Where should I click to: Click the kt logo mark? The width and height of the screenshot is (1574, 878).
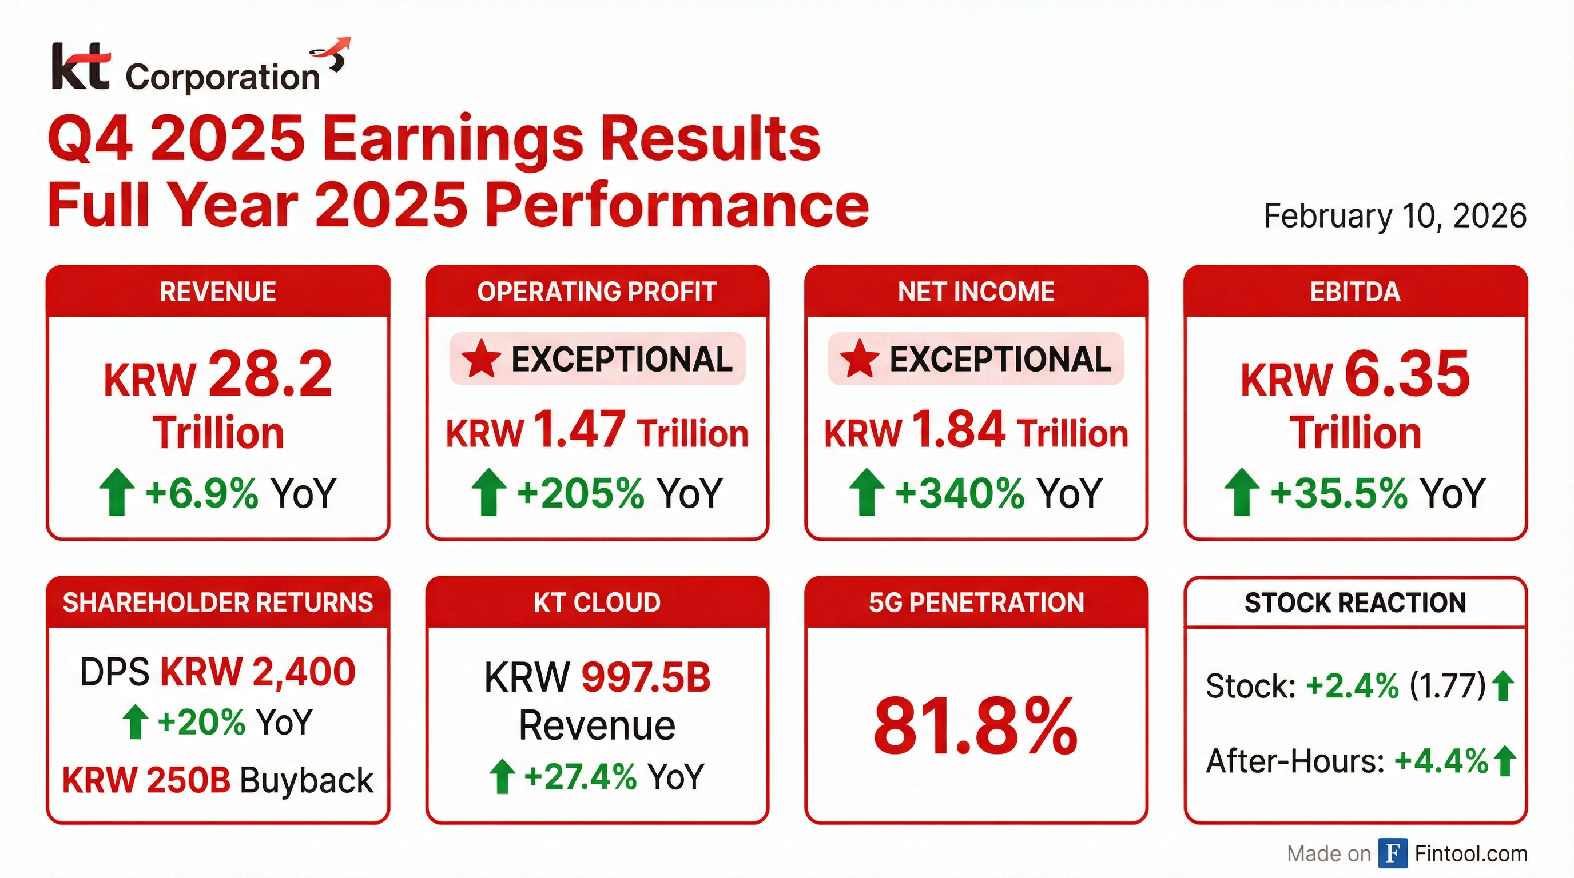click(81, 66)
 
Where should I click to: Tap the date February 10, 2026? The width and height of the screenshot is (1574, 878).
click(1395, 216)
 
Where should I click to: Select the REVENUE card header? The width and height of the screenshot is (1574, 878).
click(218, 292)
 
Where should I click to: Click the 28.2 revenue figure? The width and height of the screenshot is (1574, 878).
click(271, 373)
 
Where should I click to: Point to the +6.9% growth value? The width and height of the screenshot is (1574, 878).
click(202, 493)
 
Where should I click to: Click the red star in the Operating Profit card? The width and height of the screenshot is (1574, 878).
click(481, 358)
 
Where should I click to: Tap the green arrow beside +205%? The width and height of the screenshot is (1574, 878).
click(489, 492)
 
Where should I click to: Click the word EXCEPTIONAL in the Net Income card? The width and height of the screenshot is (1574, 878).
click(1000, 359)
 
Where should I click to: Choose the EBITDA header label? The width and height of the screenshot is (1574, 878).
click(1356, 292)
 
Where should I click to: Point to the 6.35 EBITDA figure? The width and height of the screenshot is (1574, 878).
click(1407, 373)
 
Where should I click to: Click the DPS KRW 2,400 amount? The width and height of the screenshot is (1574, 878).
click(258, 672)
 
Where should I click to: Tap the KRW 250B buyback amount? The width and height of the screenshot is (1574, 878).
click(146, 780)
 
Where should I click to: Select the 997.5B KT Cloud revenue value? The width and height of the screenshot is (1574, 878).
click(646, 678)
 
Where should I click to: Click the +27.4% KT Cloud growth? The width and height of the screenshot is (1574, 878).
click(580, 776)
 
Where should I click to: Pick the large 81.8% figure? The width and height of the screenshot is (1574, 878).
click(976, 727)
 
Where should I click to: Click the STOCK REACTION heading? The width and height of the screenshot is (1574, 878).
click(1356, 603)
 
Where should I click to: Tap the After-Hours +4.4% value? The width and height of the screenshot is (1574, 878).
click(1441, 761)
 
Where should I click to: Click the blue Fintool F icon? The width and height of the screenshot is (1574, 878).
click(1393, 853)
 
